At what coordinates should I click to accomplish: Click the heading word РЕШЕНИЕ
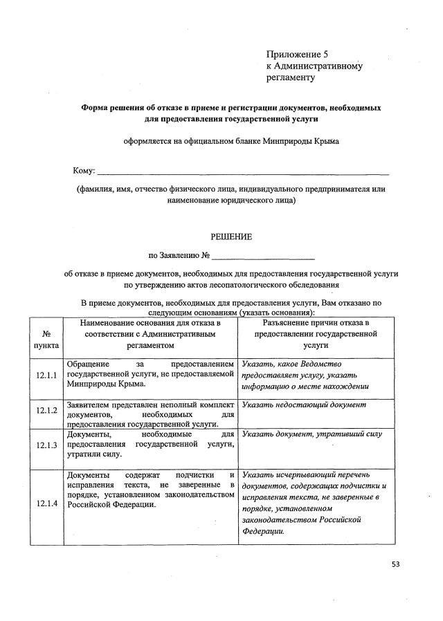coord(231,237)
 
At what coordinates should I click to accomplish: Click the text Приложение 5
coord(293,54)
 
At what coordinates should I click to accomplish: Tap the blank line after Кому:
coord(242,171)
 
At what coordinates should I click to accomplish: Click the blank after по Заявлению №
coord(264,256)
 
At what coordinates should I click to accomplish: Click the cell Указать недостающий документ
coord(304,405)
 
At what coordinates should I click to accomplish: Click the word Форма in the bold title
coord(95,108)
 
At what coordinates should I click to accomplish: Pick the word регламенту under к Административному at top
coord(291,77)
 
